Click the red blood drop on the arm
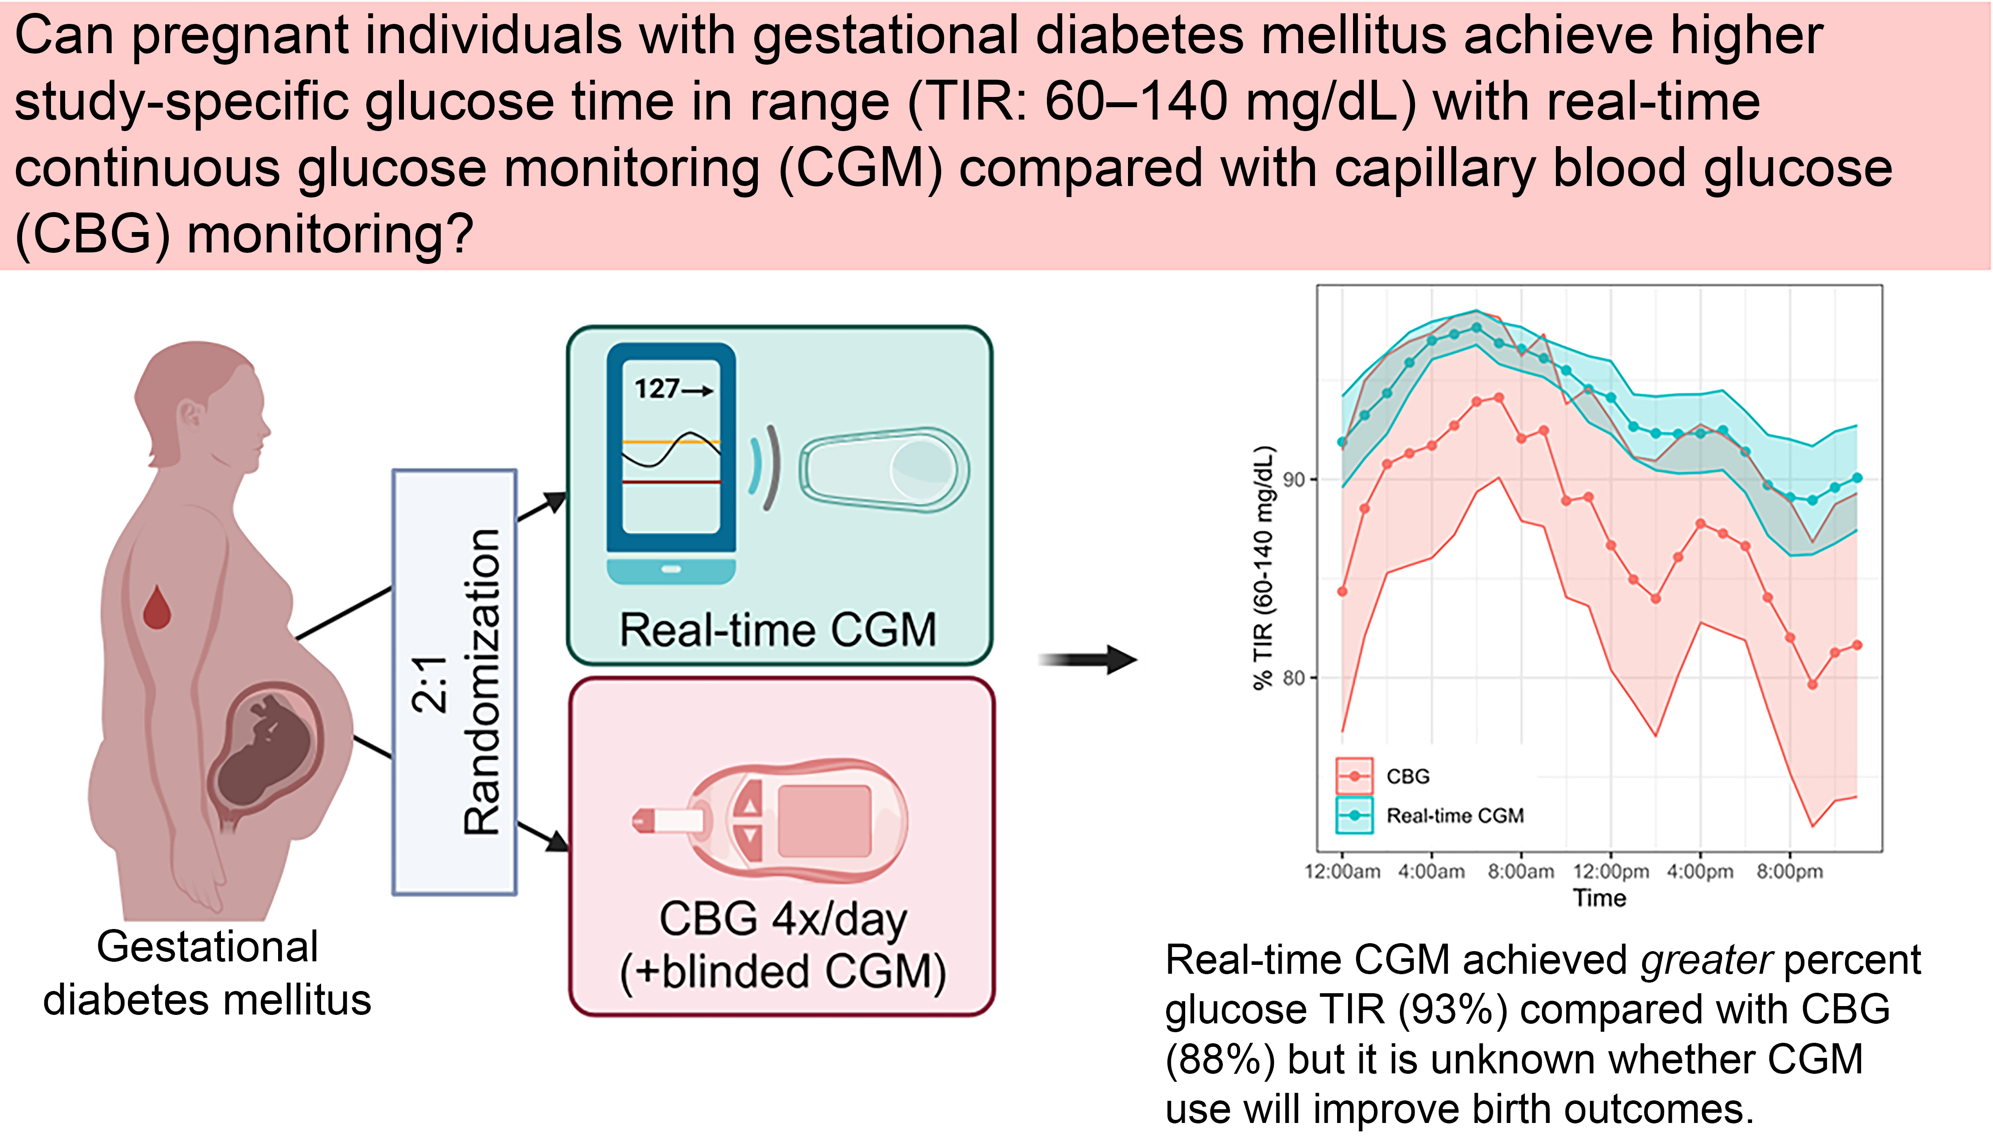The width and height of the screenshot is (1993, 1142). coord(157,608)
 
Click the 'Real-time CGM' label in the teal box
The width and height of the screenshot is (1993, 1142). coord(778,630)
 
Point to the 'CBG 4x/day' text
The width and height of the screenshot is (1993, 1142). coord(783,919)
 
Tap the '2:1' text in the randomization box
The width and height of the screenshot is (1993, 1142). coord(429,684)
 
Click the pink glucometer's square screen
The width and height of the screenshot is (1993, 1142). coord(824,821)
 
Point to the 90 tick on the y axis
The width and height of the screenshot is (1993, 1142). coord(1294,479)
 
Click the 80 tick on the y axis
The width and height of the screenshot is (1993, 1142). coord(1294,677)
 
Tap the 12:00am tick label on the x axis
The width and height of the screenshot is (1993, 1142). coord(1342,871)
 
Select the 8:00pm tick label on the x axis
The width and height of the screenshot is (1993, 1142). coord(1789,871)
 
